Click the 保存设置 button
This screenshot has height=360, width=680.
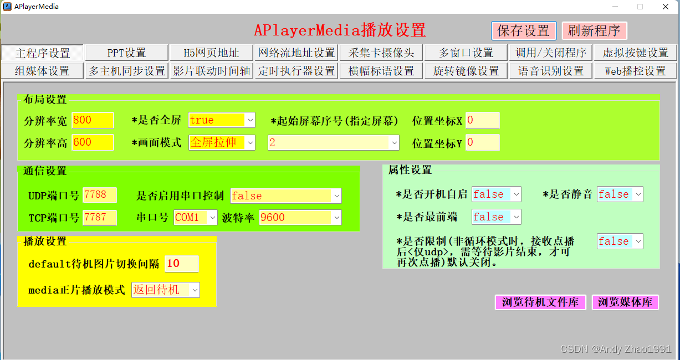(523, 30)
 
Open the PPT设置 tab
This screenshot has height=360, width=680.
(126, 53)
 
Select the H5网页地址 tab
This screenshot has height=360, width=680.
(211, 53)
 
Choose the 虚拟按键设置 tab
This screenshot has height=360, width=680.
(635, 53)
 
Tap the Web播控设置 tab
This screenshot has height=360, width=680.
(635, 71)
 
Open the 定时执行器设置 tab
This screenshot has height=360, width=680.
(296, 71)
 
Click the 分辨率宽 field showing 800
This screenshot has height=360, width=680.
(93, 120)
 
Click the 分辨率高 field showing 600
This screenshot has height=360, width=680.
(93, 142)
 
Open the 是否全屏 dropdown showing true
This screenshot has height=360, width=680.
(222, 120)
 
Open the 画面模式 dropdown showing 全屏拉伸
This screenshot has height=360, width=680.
(222, 142)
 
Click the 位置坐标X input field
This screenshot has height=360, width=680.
(482, 120)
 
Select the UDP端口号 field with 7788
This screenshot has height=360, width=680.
(100, 195)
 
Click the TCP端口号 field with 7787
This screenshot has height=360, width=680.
(100, 217)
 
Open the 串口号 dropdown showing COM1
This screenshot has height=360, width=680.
(196, 217)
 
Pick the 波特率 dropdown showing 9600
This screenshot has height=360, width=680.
(300, 217)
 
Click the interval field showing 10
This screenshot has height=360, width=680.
(182, 264)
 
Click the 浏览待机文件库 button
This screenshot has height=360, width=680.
(540, 302)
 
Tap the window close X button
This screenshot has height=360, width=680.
(666, 7)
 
